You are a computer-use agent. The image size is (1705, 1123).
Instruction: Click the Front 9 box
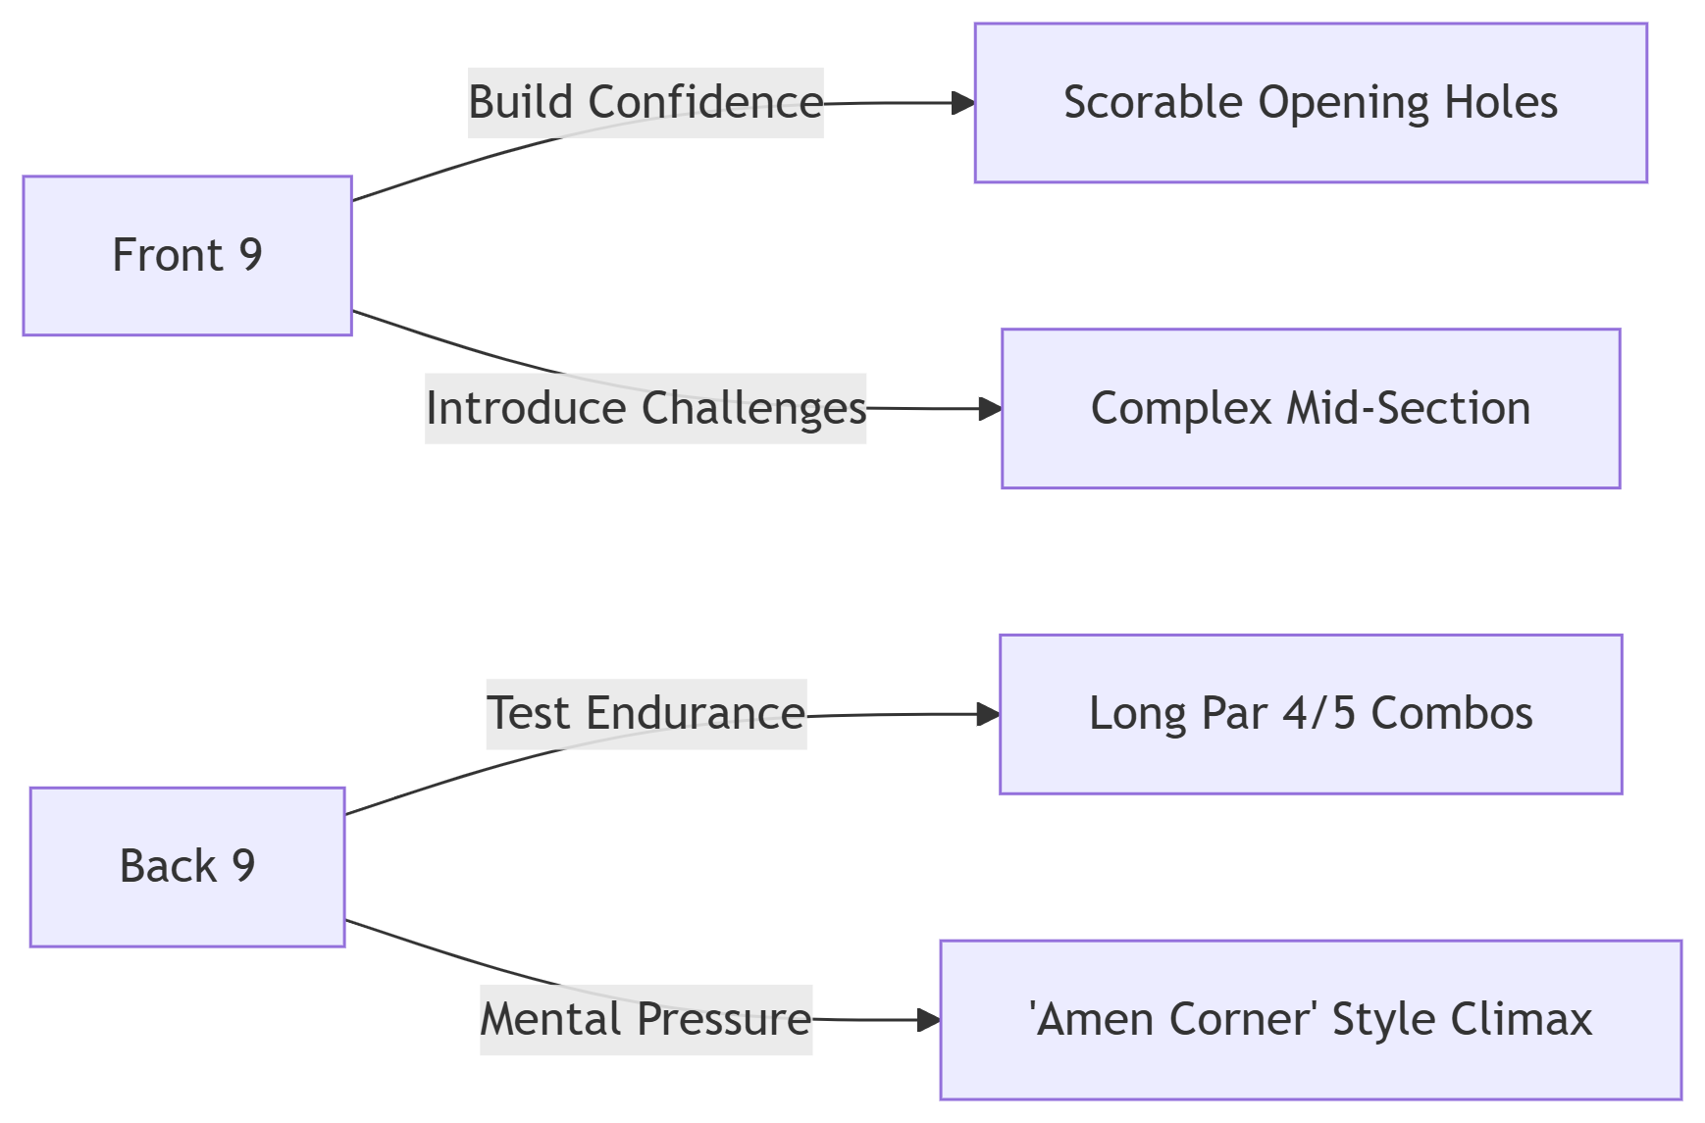(187, 256)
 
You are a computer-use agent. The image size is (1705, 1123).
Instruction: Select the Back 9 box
(187, 867)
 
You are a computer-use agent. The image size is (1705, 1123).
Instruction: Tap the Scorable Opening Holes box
(1311, 103)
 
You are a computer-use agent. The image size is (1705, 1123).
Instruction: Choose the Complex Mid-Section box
(1311, 409)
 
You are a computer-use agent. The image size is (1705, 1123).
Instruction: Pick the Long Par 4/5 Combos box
(1311, 714)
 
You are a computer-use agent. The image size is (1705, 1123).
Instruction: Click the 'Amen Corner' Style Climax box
(1311, 1020)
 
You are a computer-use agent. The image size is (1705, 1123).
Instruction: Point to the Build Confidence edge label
(646, 103)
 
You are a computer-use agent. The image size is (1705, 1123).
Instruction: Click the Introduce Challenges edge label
(646, 409)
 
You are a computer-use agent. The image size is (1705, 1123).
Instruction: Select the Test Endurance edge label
(646, 714)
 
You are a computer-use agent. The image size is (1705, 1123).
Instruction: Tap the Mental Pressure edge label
(646, 1020)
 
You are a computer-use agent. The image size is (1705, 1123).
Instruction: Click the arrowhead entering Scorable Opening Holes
(963, 103)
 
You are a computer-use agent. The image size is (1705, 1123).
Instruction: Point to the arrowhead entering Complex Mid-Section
(990, 409)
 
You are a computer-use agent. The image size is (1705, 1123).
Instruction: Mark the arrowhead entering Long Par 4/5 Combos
(988, 714)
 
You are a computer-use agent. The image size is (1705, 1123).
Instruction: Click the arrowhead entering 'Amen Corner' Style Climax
(929, 1020)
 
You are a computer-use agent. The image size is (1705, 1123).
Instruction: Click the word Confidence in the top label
(705, 103)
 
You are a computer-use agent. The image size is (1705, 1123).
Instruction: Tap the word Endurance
(696, 713)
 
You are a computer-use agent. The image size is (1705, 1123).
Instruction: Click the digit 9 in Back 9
(243, 867)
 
